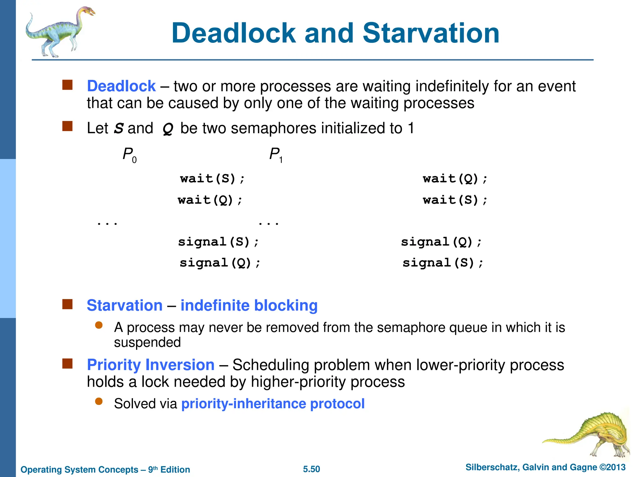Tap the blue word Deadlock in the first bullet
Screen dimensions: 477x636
121,86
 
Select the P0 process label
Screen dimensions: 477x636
129,154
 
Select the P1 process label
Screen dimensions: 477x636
275,154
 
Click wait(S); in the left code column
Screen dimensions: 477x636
212,179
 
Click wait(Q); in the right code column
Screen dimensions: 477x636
455,179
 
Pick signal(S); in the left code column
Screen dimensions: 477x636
218,242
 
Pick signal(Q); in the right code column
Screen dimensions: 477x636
441,242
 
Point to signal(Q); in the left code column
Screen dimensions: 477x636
220,263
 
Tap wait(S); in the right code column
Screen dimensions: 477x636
455,200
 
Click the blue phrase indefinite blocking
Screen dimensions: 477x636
249,305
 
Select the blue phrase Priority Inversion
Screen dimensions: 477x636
151,365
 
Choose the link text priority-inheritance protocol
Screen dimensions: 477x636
273,404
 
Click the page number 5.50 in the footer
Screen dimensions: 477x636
311,469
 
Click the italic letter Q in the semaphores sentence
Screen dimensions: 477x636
168,129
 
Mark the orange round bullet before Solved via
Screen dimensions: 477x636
99,401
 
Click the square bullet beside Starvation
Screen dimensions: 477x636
67,304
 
